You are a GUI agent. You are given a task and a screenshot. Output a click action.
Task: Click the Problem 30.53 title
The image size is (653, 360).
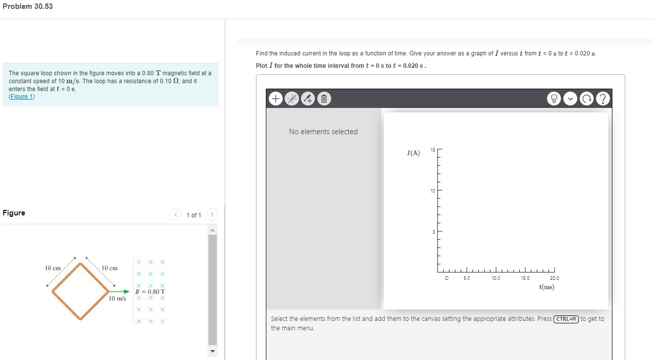[27, 6]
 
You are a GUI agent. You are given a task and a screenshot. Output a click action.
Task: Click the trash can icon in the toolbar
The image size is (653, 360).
[323, 99]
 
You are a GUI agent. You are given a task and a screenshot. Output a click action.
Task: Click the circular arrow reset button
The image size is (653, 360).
[586, 99]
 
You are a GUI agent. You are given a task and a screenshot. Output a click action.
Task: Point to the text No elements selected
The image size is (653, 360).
[323, 132]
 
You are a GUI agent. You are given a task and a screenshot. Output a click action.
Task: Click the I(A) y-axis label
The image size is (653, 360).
[413, 153]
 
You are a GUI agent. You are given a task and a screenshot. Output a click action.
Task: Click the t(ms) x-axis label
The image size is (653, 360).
[546, 287]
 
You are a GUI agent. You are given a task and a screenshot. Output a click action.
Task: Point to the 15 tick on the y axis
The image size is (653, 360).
[432, 150]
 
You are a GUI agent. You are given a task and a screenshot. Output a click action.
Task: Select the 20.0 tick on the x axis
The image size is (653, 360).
[554, 279]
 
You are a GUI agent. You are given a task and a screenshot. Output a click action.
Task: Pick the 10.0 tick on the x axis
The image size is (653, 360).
[496, 279]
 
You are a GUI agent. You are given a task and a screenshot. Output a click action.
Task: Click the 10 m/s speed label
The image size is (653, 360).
[117, 299]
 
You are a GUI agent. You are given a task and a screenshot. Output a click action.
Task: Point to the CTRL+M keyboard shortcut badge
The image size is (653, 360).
[566, 319]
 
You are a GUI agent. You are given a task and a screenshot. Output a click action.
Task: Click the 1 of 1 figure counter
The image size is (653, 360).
[194, 215]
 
